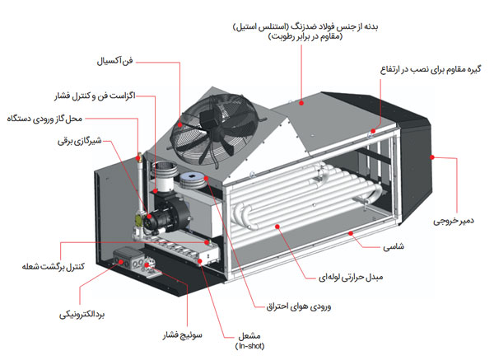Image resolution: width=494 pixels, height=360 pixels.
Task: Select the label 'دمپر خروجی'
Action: click(x=459, y=222)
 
